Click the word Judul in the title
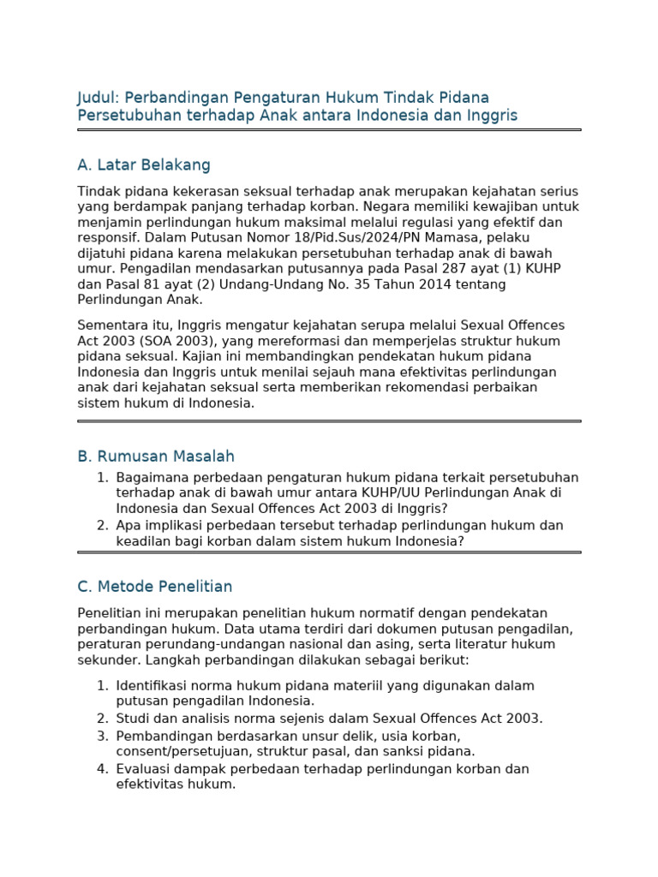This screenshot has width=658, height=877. click(x=97, y=98)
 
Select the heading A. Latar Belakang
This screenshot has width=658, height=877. click(x=144, y=165)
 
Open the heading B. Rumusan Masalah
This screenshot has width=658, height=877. click(x=156, y=456)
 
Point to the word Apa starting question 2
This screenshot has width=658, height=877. click(x=129, y=525)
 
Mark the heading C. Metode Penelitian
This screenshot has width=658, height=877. click(x=155, y=587)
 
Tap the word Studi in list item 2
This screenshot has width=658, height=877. click(x=134, y=719)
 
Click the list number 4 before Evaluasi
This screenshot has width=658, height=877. click(x=102, y=768)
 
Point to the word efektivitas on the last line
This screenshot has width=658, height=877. click(x=147, y=784)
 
